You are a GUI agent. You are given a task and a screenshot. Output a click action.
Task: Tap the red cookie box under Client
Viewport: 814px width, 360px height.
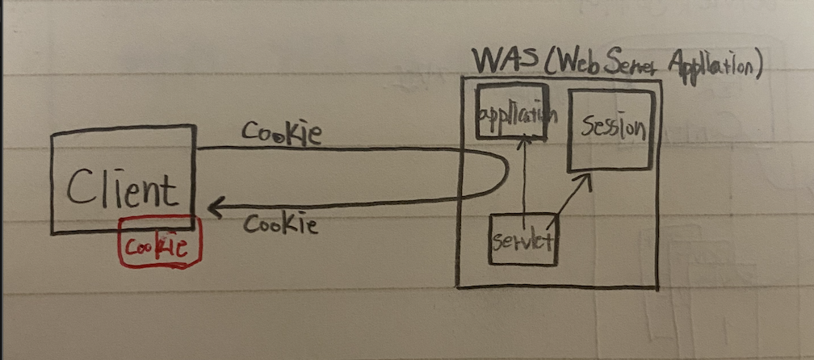pos(160,243)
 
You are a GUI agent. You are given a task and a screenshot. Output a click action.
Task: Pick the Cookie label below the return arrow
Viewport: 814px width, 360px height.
pos(280,224)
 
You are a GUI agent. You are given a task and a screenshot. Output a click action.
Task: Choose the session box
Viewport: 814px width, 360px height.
pos(610,130)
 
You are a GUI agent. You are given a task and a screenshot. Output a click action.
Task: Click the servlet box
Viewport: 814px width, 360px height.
pos(522,240)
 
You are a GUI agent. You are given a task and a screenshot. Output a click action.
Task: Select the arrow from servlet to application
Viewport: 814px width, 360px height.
pos(524,178)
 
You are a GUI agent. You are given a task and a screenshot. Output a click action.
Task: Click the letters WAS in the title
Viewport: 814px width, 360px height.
pos(497,61)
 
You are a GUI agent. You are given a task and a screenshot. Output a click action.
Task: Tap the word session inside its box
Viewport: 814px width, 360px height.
pos(613,127)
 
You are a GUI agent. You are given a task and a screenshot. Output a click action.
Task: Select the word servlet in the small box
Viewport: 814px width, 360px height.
pos(522,241)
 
